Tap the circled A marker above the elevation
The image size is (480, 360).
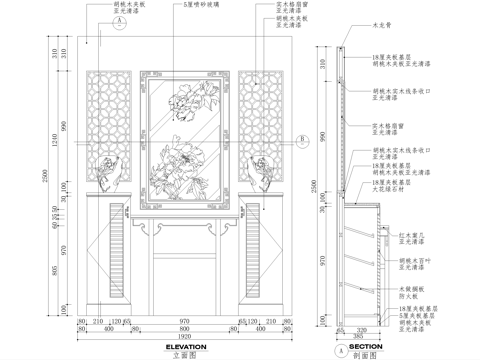[x=119, y=19]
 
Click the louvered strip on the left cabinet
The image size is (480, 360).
[x=123, y=251]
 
